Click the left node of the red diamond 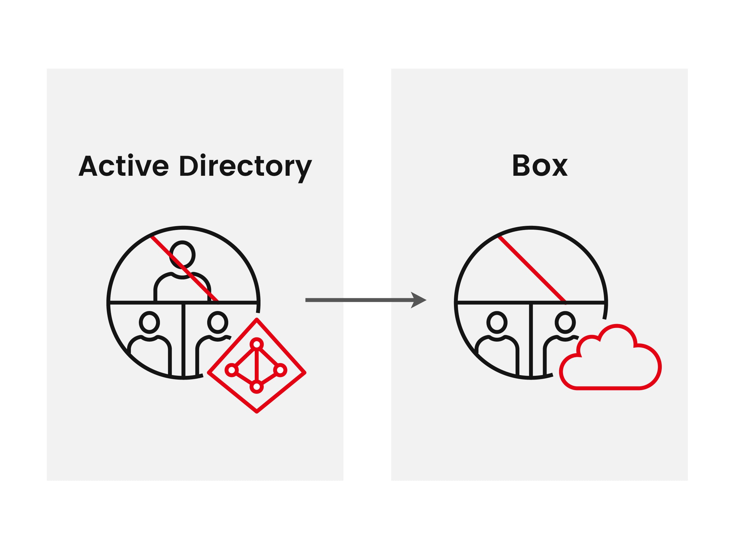click(x=232, y=370)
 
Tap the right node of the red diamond click(x=280, y=370)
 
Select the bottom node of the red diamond click(x=256, y=387)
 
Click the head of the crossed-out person click(x=182, y=255)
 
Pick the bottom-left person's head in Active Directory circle click(x=149, y=322)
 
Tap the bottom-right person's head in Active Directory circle click(x=217, y=322)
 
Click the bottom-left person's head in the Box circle click(x=497, y=322)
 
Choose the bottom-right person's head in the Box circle click(x=565, y=322)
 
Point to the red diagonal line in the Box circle click(x=532, y=269)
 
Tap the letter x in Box click(x=559, y=168)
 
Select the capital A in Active click(x=88, y=165)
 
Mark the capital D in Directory click(x=189, y=165)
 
